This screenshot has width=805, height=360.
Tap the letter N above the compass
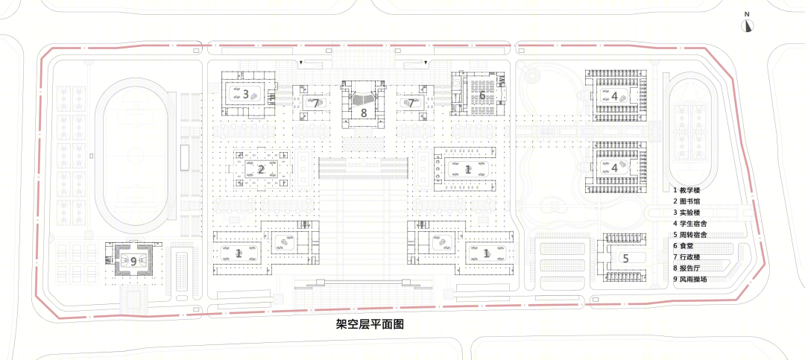coord(748,14)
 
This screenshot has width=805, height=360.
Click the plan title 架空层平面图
coord(367,324)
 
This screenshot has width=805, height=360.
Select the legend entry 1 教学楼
coord(687,190)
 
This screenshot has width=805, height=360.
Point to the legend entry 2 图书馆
coord(687,201)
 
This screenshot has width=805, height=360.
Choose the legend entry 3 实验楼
coord(687,212)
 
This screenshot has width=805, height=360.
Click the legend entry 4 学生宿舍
coord(690,224)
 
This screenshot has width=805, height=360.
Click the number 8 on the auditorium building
coord(364,113)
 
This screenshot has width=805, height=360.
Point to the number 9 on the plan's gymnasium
coord(133,262)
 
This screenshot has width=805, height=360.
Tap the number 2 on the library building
coord(261,169)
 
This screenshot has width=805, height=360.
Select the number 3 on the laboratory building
coord(246,94)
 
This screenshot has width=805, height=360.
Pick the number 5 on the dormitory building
coord(625,259)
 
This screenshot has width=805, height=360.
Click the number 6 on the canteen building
coord(482,95)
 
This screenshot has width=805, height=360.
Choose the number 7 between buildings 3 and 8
coord(315,103)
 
